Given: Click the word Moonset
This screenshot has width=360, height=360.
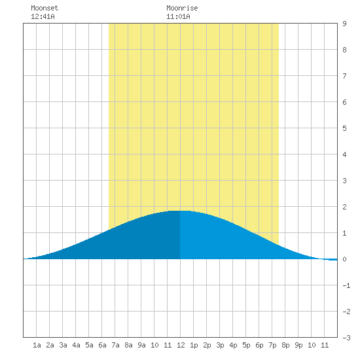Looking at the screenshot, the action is [x=45, y=8].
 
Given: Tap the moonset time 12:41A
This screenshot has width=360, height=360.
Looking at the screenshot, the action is [x=43, y=16].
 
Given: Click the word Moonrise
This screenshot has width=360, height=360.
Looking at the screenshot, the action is [x=182, y=8].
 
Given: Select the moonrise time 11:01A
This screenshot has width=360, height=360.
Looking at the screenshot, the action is [x=178, y=16].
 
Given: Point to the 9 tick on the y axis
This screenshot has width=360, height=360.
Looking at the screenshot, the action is [x=344, y=24].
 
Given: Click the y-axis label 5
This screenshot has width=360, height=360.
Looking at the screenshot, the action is [x=344, y=128].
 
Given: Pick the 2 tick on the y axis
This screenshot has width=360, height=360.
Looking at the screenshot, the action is [x=344, y=207].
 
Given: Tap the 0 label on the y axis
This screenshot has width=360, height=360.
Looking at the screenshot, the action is [x=344, y=259].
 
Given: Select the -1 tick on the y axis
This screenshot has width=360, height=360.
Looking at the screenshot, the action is [x=346, y=285].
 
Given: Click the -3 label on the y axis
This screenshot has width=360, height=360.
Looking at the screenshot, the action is [x=346, y=338].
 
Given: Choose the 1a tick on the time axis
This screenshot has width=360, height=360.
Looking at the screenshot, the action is [x=37, y=345].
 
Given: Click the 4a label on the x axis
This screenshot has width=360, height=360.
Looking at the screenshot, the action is [x=76, y=345].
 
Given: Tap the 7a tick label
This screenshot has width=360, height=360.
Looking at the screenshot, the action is [x=115, y=345].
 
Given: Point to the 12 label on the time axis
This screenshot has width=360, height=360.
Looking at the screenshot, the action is [x=181, y=345].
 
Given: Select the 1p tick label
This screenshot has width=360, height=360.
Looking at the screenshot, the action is [x=194, y=345].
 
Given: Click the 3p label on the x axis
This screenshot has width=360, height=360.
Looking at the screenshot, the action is [x=220, y=345].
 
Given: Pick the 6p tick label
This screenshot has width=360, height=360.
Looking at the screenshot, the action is [x=259, y=345].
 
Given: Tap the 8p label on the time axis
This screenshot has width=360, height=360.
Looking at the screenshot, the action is [x=285, y=345].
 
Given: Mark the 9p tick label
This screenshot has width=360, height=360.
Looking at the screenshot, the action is [x=298, y=345].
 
